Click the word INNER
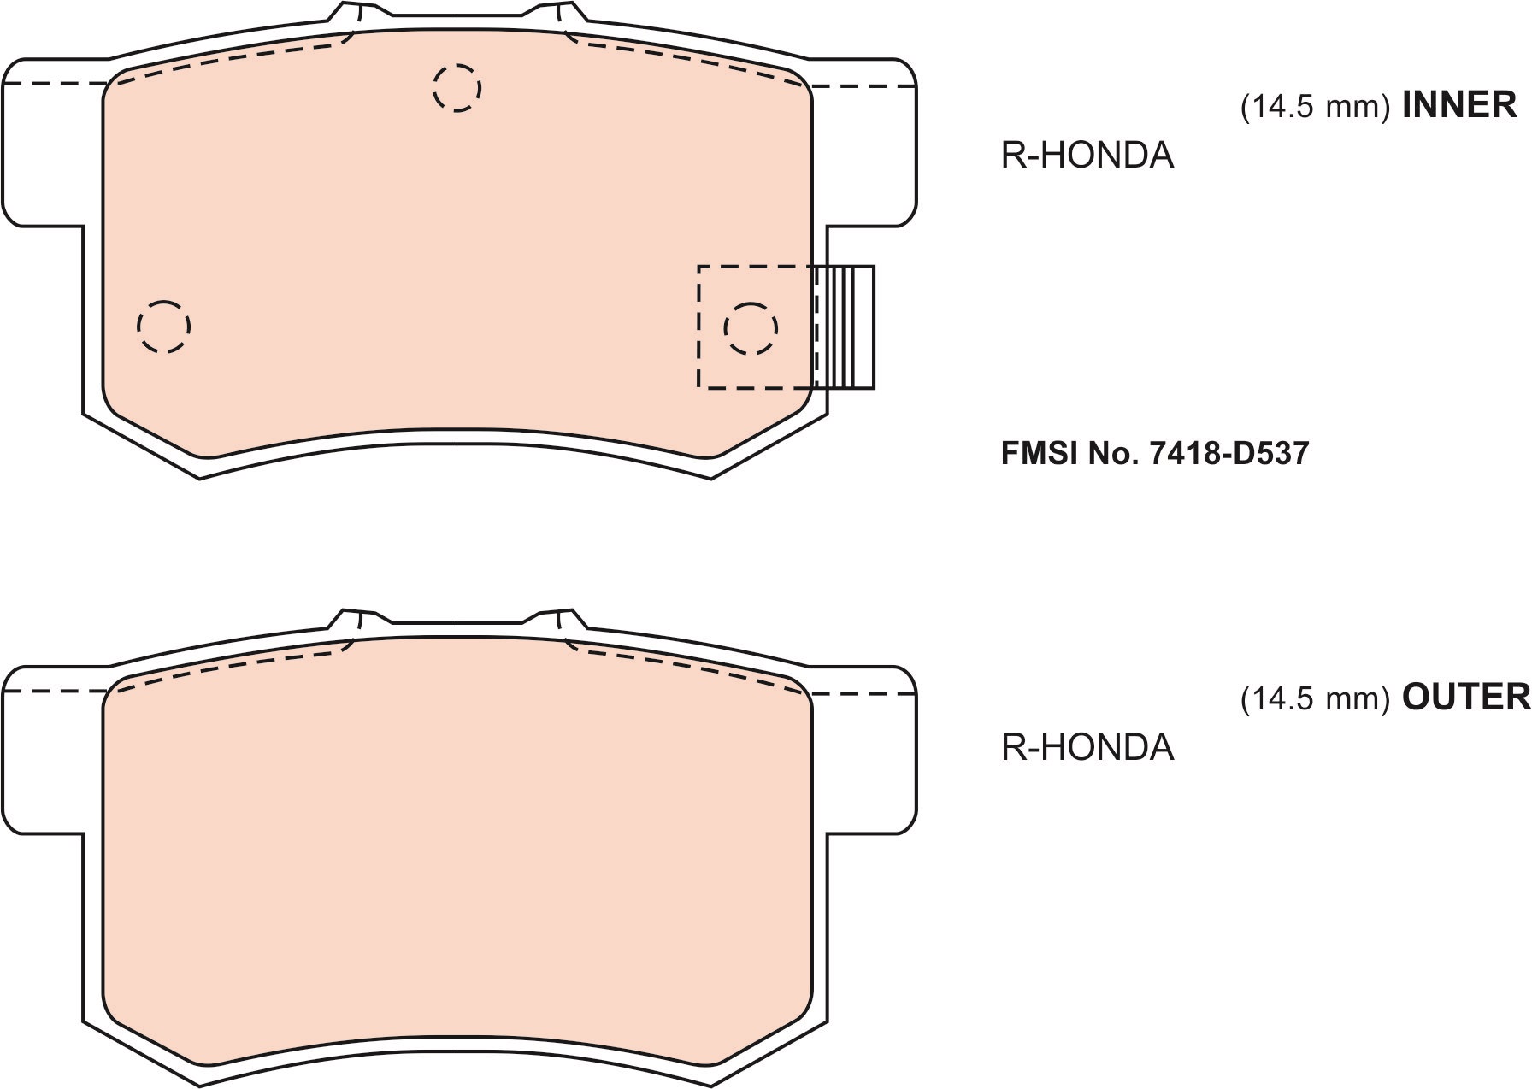coord(1458,104)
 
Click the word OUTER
coord(1465,698)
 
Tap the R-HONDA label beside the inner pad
coord(1087,156)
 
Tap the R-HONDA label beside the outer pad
coord(1087,748)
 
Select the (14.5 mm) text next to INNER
coord(1315,107)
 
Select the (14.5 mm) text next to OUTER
coord(1315,700)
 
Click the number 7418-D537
coord(1229,453)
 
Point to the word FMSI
coord(1039,453)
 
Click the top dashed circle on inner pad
coord(457,87)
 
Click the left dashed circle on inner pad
coord(163,327)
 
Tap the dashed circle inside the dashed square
coord(751,328)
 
